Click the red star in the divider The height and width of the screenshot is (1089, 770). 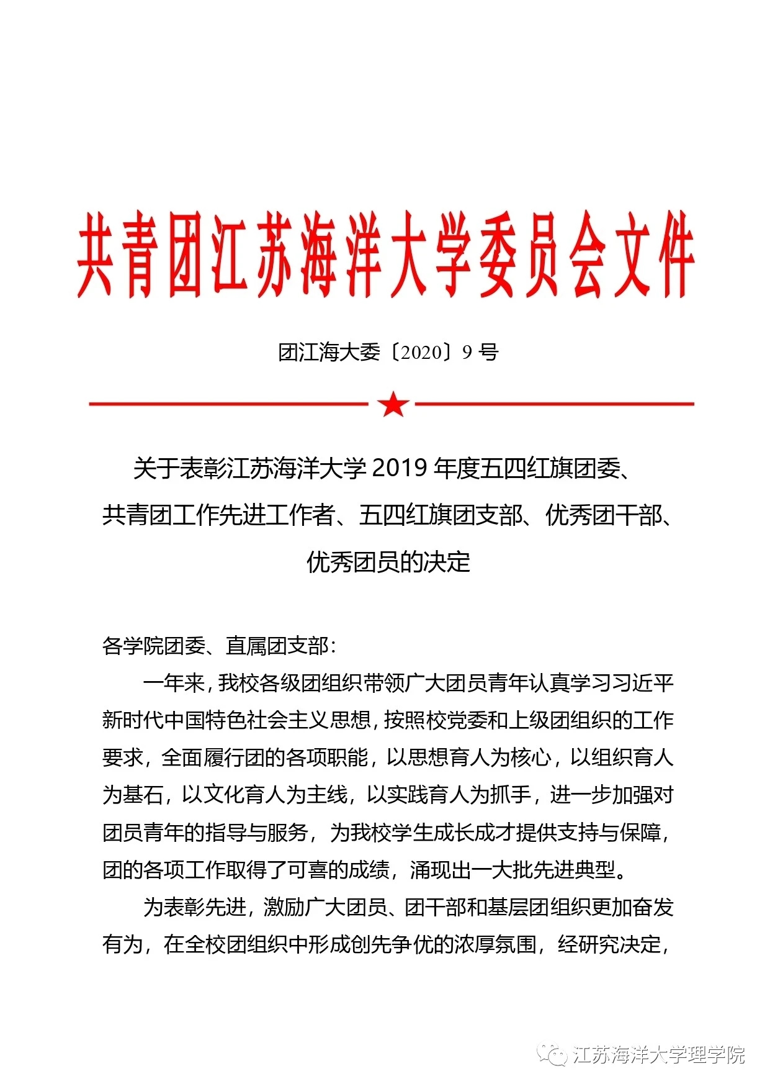pyautogui.click(x=393, y=404)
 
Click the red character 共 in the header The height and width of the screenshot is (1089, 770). pyautogui.click(x=96, y=255)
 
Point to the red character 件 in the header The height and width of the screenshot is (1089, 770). pyautogui.click(x=671, y=255)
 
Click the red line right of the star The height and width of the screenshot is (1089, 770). pyautogui.click(x=554, y=404)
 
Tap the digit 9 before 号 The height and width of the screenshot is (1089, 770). pyautogui.click(x=467, y=353)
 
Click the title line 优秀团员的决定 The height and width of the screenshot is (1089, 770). pyautogui.click(x=388, y=563)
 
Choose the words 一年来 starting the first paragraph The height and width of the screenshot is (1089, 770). pyautogui.click(x=174, y=684)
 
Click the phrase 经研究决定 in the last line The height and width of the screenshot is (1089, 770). pyautogui.click(x=610, y=945)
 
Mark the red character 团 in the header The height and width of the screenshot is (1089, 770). pyautogui.click(x=185, y=255)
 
